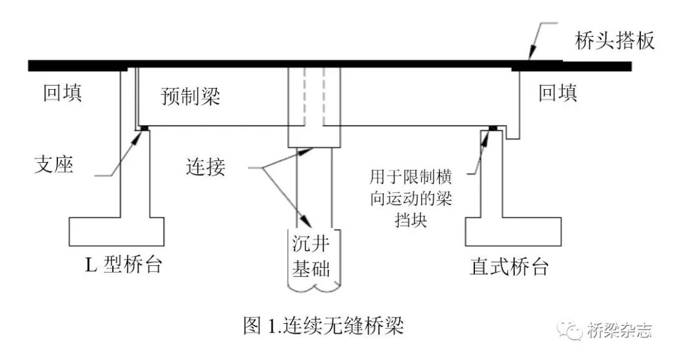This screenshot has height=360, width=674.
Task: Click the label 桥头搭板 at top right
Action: pos(615,41)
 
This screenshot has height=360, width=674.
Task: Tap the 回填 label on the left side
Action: pos(62,94)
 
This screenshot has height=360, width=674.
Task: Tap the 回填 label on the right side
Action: pos(557,94)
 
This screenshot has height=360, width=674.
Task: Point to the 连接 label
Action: pos(205,168)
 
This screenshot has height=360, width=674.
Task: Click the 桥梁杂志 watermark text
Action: pos(619,330)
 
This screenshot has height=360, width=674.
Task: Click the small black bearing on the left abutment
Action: pos(144,128)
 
